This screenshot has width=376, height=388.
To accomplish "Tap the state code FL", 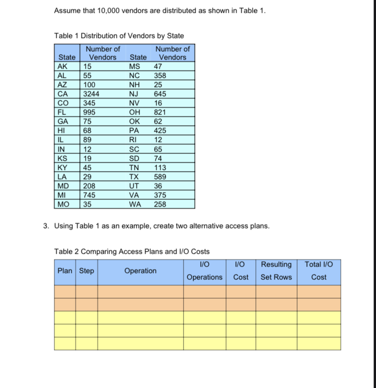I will [x=60, y=112].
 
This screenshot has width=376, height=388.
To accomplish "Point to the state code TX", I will [x=134, y=176].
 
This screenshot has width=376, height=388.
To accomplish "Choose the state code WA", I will [x=135, y=204].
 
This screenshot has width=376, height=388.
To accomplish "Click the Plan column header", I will [x=65, y=271].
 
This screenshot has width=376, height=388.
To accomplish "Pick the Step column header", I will [x=87, y=271].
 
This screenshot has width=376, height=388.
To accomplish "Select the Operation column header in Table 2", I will [x=140, y=271].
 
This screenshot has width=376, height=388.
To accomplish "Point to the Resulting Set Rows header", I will [x=276, y=271].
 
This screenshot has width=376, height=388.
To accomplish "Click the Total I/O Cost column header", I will [x=318, y=271].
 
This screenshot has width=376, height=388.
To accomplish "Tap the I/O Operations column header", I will [x=205, y=271].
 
